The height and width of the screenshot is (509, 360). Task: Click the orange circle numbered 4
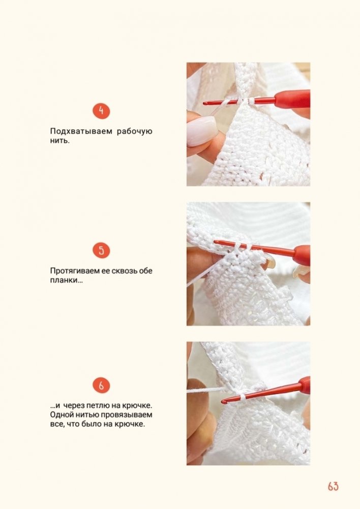pos(101,111)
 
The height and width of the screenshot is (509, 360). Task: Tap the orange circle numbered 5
pos(101,251)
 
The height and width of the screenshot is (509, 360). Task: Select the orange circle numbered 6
pos(101,385)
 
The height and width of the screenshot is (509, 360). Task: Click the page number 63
pos(333,486)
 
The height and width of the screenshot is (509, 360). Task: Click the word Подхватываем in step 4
pos(81,132)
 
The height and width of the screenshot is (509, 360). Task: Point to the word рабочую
pos(134,132)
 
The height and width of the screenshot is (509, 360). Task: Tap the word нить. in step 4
pos(59,141)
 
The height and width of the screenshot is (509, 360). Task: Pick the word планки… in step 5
pos(66,280)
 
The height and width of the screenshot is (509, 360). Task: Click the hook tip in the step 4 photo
pos(205,104)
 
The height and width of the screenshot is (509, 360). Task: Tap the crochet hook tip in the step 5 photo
pos(215,242)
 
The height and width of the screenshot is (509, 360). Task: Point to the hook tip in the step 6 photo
pos(224,402)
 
